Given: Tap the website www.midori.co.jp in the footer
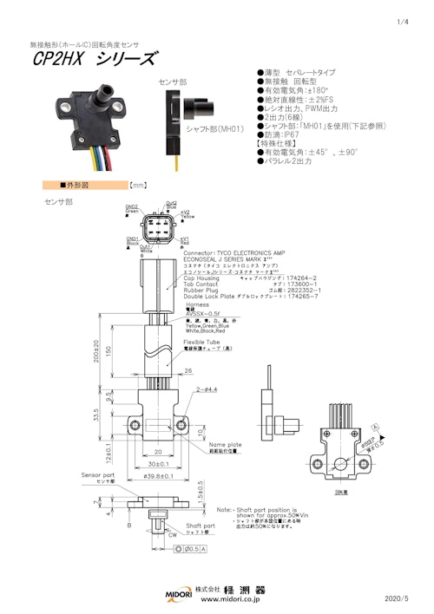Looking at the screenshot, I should pos(232,599).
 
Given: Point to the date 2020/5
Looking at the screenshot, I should pos(398,598).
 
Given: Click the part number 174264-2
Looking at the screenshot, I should pos(309,278).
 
